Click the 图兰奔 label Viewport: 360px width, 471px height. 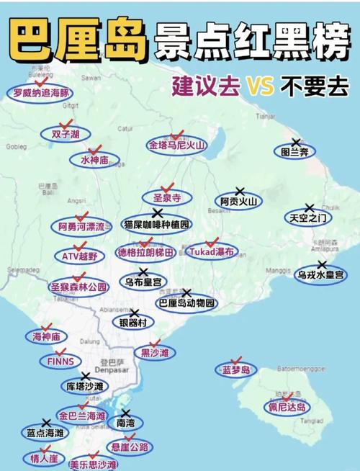point(294,152)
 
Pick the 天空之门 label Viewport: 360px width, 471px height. point(308,217)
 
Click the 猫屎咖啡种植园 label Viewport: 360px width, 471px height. point(156,224)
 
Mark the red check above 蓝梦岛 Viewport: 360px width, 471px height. point(235,359)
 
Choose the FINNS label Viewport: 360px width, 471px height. point(61,361)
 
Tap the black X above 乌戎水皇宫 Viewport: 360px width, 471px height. point(321,265)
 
